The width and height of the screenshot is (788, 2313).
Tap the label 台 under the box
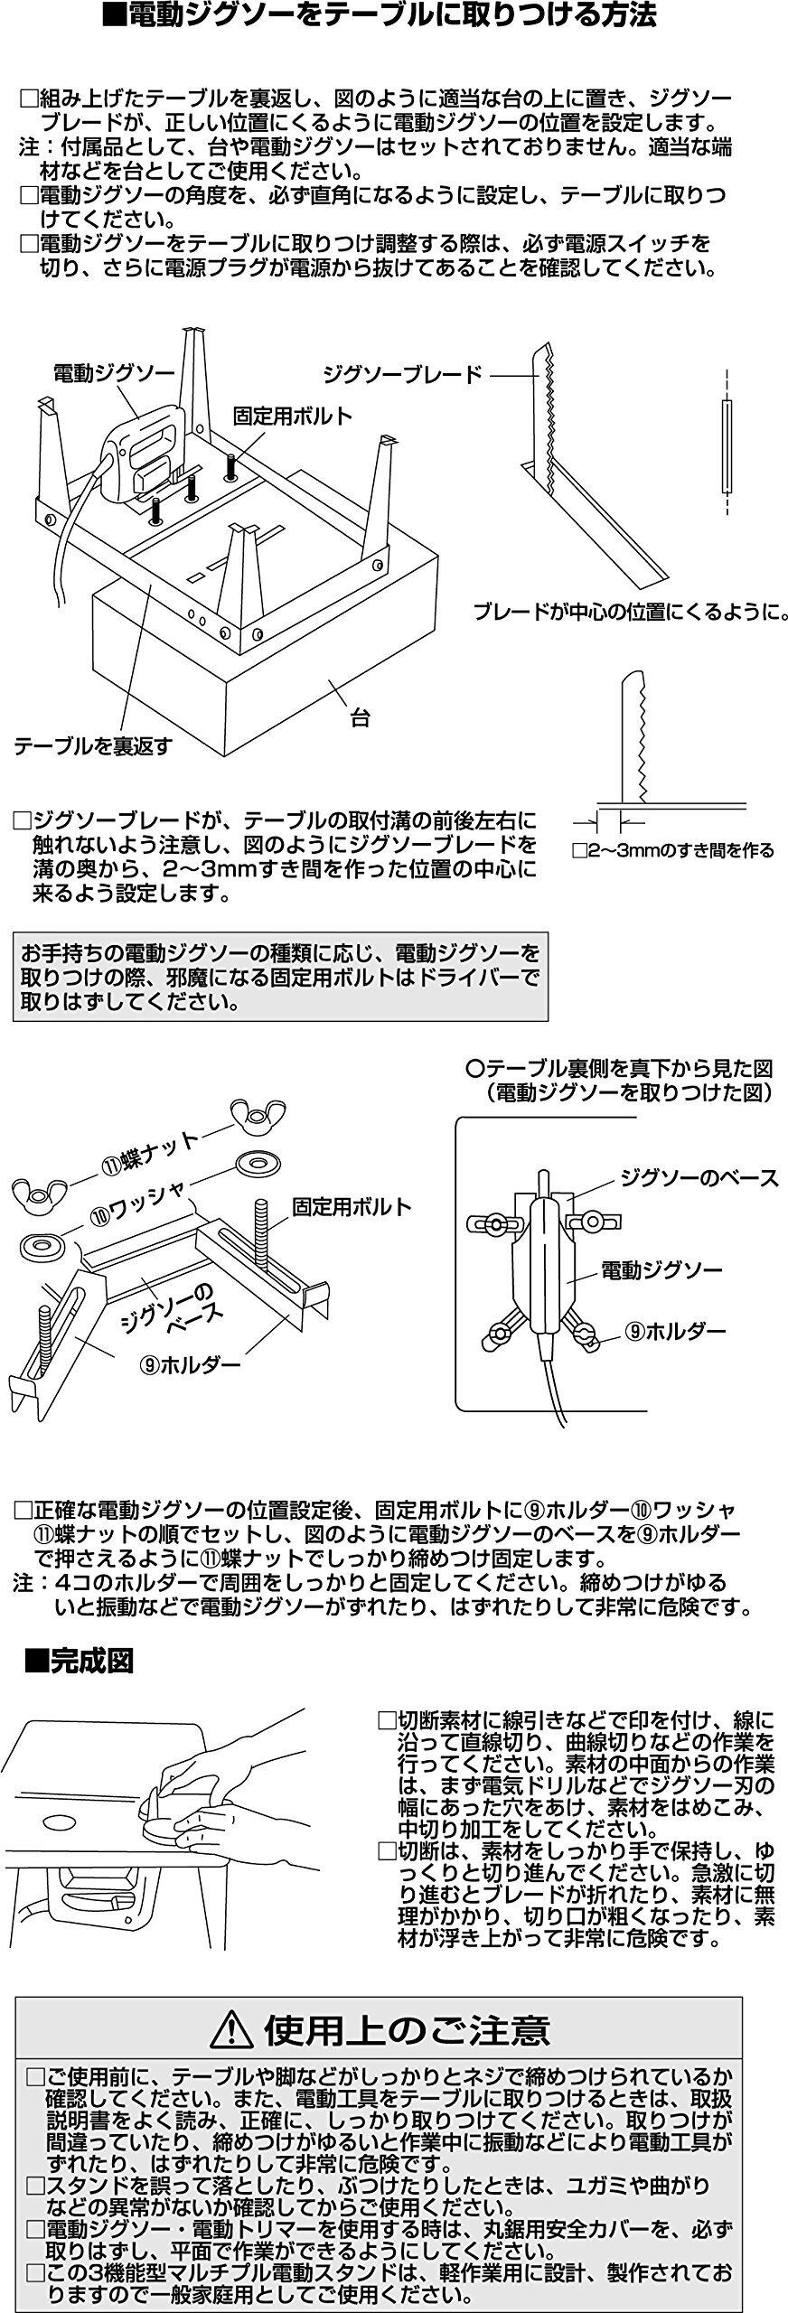pyautogui.click(x=361, y=719)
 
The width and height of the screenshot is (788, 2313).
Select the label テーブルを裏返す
pyautogui.click(x=92, y=746)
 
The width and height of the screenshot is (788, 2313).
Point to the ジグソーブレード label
pyautogui.click(x=403, y=374)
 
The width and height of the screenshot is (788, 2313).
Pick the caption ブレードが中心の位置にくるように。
pyautogui.click(x=631, y=612)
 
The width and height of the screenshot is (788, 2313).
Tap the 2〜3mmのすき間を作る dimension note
pyautogui.click(x=674, y=850)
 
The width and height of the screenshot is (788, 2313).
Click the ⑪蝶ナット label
pyautogui.click(x=150, y=1152)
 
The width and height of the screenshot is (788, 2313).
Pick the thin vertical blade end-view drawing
pyautogui.click(x=726, y=445)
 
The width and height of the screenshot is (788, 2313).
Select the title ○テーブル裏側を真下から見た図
pyautogui.click(x=619, y=1069)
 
